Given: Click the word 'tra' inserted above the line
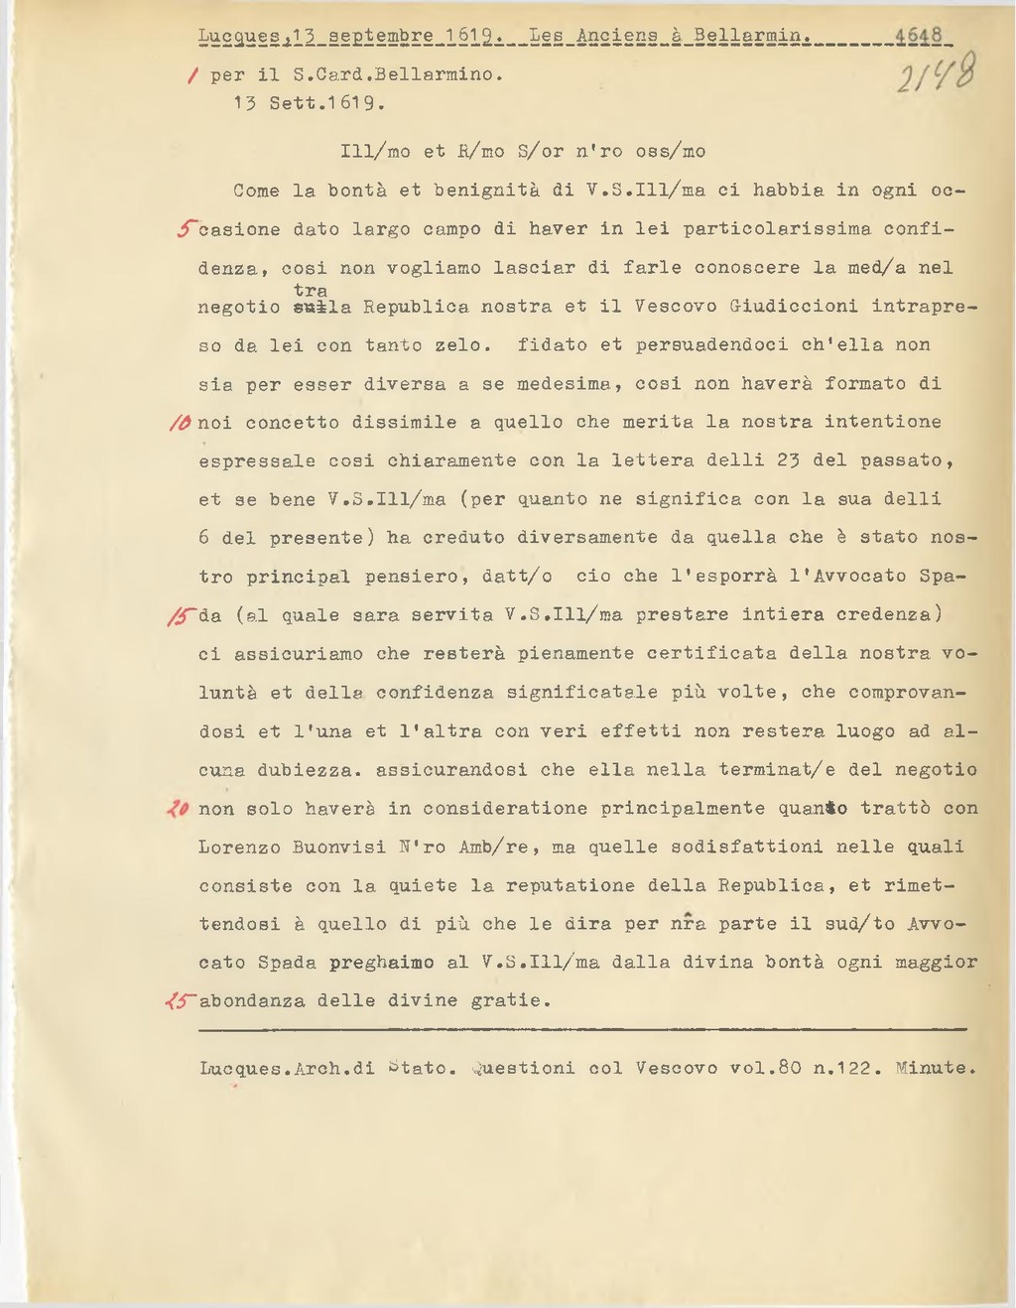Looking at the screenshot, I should point(311,290).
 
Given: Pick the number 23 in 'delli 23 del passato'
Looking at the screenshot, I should point(789,460).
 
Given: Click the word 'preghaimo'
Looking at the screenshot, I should point(381,963).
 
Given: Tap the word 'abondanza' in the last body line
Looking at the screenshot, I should point(252,1001).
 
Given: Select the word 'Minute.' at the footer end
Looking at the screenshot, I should point(936,1069).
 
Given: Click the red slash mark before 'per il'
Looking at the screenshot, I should point(190,74).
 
